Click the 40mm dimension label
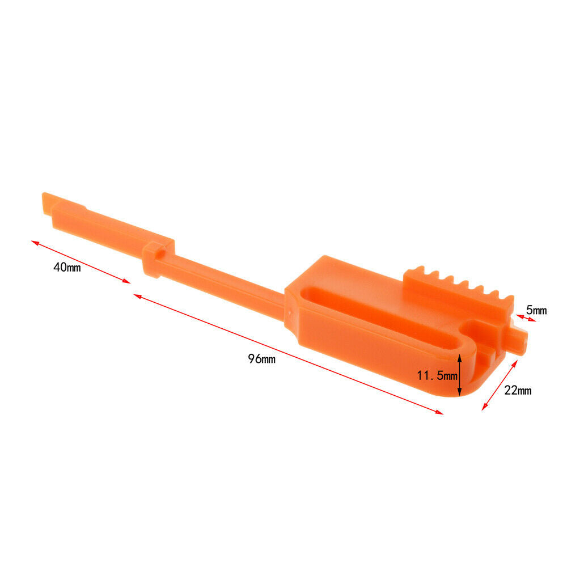67,268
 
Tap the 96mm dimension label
261,359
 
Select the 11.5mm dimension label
437,375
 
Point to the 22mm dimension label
518,390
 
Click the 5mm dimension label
536,310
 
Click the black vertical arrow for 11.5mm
460,375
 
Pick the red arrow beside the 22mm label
500,385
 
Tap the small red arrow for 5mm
526,318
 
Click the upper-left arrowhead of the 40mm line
35,242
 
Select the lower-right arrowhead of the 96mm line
439,412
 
